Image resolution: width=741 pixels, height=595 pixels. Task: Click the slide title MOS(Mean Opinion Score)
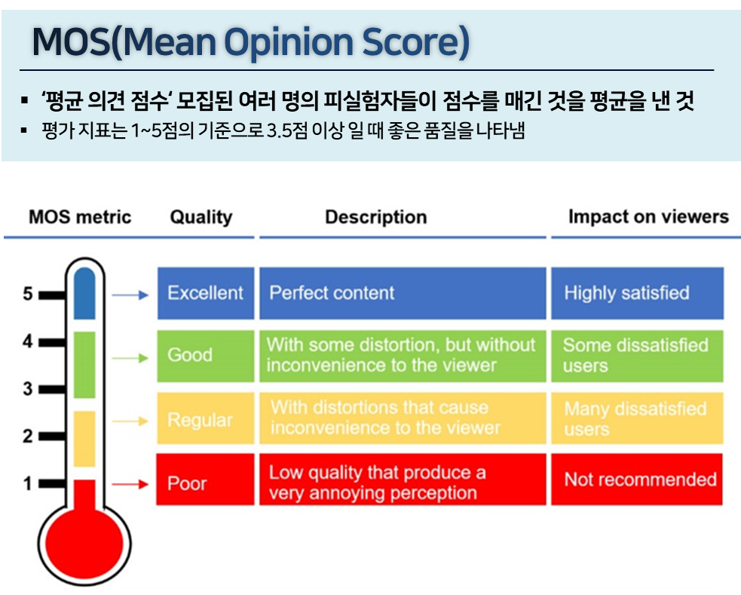[250, 44]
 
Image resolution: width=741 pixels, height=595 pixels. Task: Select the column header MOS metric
[80, 217]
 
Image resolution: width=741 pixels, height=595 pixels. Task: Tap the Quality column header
[201, 217]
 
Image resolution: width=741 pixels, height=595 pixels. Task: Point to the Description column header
[375, 217]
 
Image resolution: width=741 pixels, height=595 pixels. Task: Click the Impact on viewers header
[648, 217]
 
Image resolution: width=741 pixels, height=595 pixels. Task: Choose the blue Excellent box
[205, 293]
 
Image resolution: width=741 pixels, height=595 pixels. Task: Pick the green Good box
[205, 355]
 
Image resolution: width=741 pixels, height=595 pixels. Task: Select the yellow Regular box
[205, 419]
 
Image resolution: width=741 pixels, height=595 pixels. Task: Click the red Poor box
[205, 483]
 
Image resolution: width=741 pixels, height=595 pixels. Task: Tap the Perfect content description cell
[403, 293]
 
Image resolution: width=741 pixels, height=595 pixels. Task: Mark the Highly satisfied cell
[637, 293]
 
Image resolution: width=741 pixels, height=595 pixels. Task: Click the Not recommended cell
[637, 480]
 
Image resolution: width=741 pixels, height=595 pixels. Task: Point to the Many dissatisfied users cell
[637, 419]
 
